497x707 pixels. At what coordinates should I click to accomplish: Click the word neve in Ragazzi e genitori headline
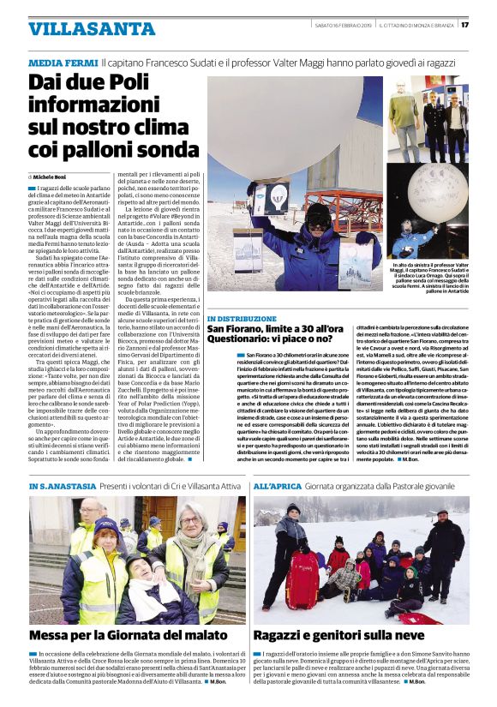pos(404,636)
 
